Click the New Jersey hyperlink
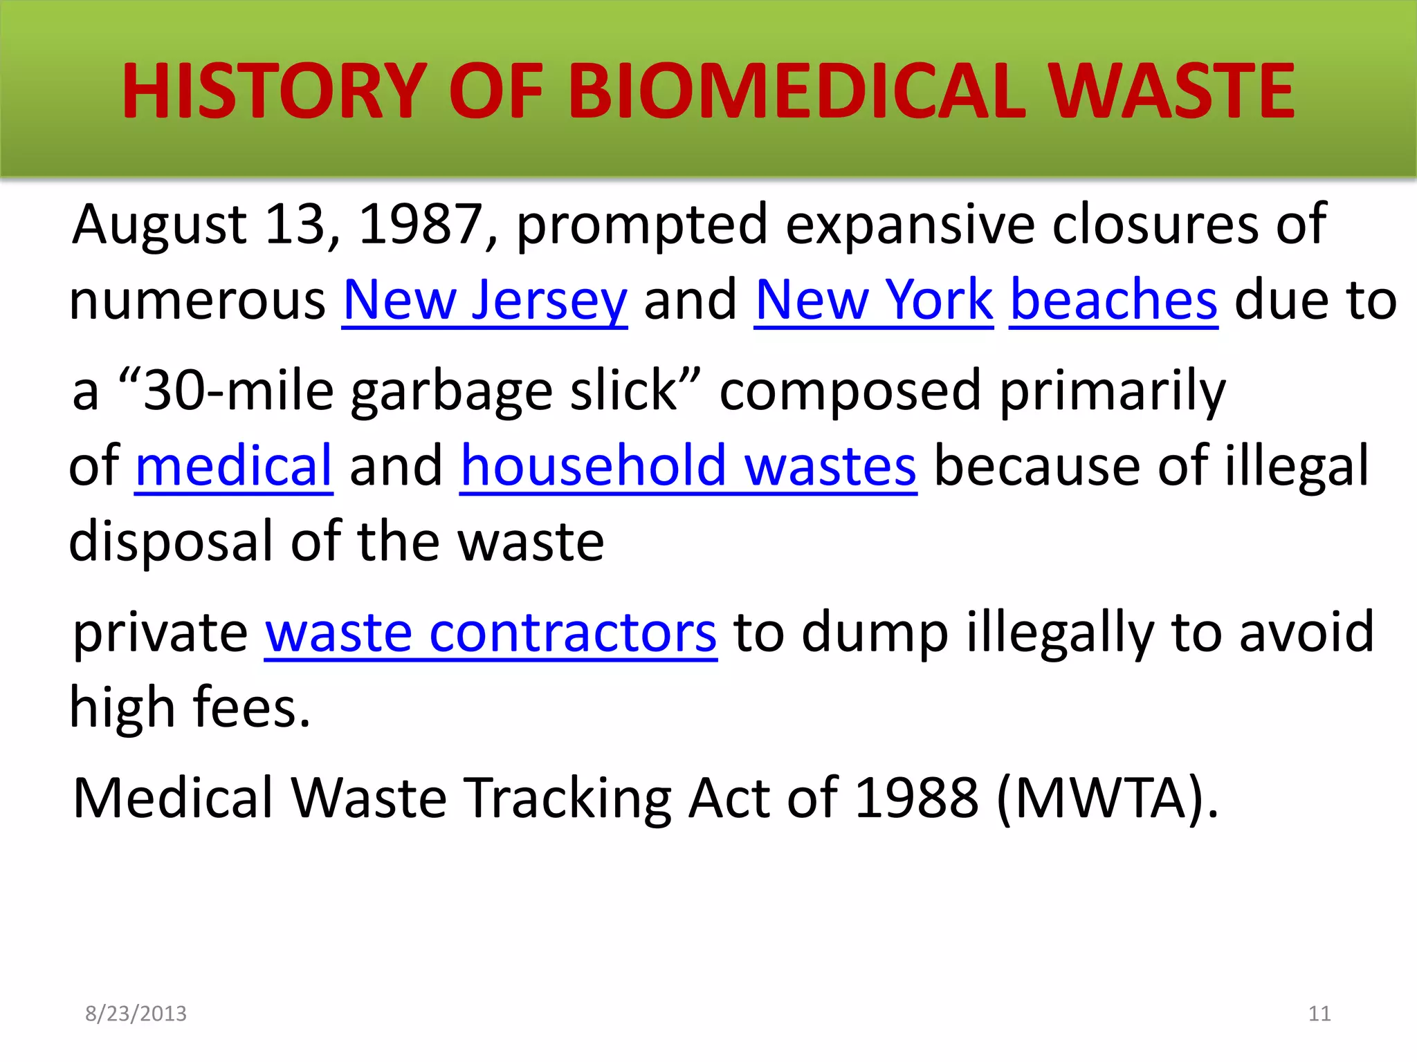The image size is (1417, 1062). pos(485,301)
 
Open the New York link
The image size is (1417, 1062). pos(874,301)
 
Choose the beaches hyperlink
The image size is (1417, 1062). pos(1113,301)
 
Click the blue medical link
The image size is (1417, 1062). pos(234,466)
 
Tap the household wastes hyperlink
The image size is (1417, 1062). pos(688,466)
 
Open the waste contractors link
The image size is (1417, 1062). pos(491,633)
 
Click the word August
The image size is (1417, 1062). pos(160,225)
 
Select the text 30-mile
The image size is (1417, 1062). pos(239,391)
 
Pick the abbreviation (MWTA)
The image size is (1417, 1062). pos(1106,799)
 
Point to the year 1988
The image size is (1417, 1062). pos(917,799)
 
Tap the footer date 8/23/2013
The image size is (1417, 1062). pos(136,1014)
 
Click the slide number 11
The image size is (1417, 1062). pos(1319,1014)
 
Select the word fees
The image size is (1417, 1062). pos(251,708)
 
